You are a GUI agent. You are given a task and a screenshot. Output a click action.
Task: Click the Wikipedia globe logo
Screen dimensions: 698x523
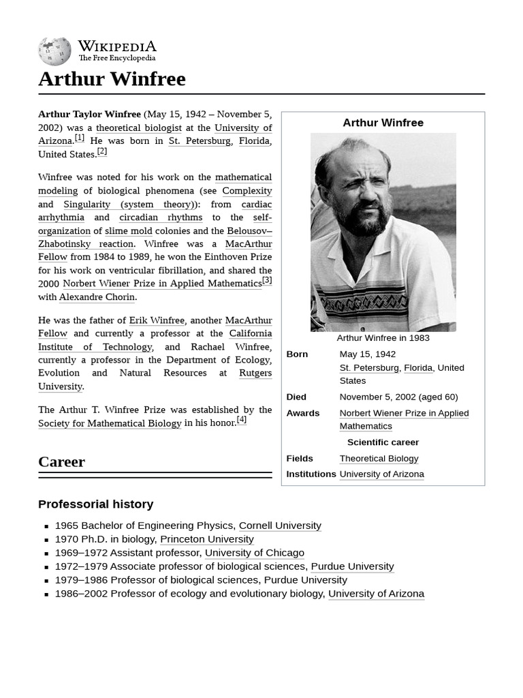click(54, 51)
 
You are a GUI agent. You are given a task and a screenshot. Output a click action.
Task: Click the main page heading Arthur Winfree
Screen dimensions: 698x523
click(112, 79)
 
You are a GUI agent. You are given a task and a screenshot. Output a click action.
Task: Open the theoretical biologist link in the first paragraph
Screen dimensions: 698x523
click(138, 127)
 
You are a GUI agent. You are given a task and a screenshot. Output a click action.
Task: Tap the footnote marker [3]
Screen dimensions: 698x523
click(267, 280)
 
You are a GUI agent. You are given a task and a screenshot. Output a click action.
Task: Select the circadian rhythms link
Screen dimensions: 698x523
click(161, 217)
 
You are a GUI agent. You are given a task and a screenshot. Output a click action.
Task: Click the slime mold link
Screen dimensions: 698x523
click(128, 231)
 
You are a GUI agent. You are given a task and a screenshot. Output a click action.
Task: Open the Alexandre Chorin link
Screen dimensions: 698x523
click(97, 297)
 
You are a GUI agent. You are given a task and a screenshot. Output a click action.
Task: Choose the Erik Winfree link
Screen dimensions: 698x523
click(157, 320)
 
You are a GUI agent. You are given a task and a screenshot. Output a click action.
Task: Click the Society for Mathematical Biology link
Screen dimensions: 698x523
click(110, 423)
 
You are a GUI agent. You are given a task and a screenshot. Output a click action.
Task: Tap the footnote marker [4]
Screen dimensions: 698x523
click(241, 420)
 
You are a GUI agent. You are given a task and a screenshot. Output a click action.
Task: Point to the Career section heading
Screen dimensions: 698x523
click(61, 461)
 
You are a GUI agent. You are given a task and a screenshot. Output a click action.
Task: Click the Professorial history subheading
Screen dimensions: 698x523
click(95, 504)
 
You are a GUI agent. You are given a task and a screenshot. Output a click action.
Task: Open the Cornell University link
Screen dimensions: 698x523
click(280, 526)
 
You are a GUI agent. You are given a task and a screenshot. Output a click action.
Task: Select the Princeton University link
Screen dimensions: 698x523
click(206, 539)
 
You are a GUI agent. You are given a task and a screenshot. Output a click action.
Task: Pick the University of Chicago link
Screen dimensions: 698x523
click(254, 553)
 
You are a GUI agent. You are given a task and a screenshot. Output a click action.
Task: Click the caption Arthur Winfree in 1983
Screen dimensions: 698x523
click(383, 338)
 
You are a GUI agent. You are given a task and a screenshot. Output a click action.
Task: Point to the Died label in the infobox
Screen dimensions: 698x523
click(296, 397)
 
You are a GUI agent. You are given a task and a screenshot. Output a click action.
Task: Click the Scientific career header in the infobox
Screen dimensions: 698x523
click(383, 442)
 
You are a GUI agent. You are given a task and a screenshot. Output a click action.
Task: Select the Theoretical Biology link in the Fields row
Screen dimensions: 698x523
click(379, 459)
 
